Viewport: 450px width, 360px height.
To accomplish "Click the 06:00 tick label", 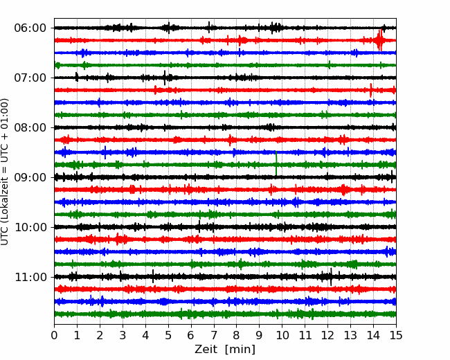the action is [x=30, y=28].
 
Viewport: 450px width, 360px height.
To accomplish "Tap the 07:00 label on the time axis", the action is [x=30, y=78].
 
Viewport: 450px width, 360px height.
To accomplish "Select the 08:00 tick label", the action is [x=30, y=127].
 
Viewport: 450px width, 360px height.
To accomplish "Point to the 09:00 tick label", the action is [x=30, y=177].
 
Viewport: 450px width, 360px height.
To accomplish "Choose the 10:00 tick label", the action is [x=30, y=227].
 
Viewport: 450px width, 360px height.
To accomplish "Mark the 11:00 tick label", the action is [x=30, y=277].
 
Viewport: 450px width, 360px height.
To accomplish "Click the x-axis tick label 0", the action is [x=54, y=335].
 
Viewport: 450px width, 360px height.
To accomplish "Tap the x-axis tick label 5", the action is [x=168, y=335].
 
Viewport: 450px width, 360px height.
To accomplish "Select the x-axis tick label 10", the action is [x=282, y=335].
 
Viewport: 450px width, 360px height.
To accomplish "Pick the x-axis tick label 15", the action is [x=396, y=335].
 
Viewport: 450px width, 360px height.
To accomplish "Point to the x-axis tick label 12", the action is [x=327, y=335].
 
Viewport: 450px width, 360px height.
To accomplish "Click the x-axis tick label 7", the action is [x=214, y=335].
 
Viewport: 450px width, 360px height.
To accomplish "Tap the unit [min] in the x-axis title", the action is [x=240, y=350].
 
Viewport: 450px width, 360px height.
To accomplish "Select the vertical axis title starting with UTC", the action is [x=5, y=172].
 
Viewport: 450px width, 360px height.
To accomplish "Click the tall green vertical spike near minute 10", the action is [x=276, y=163].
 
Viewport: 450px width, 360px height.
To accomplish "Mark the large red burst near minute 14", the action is [x=379, y=40].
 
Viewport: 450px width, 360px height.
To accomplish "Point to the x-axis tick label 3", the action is [x=123, y=335].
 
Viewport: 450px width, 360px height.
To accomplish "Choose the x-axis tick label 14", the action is [x=373, y=335].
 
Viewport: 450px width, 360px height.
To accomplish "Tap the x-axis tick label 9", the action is [x=260, y=335].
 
